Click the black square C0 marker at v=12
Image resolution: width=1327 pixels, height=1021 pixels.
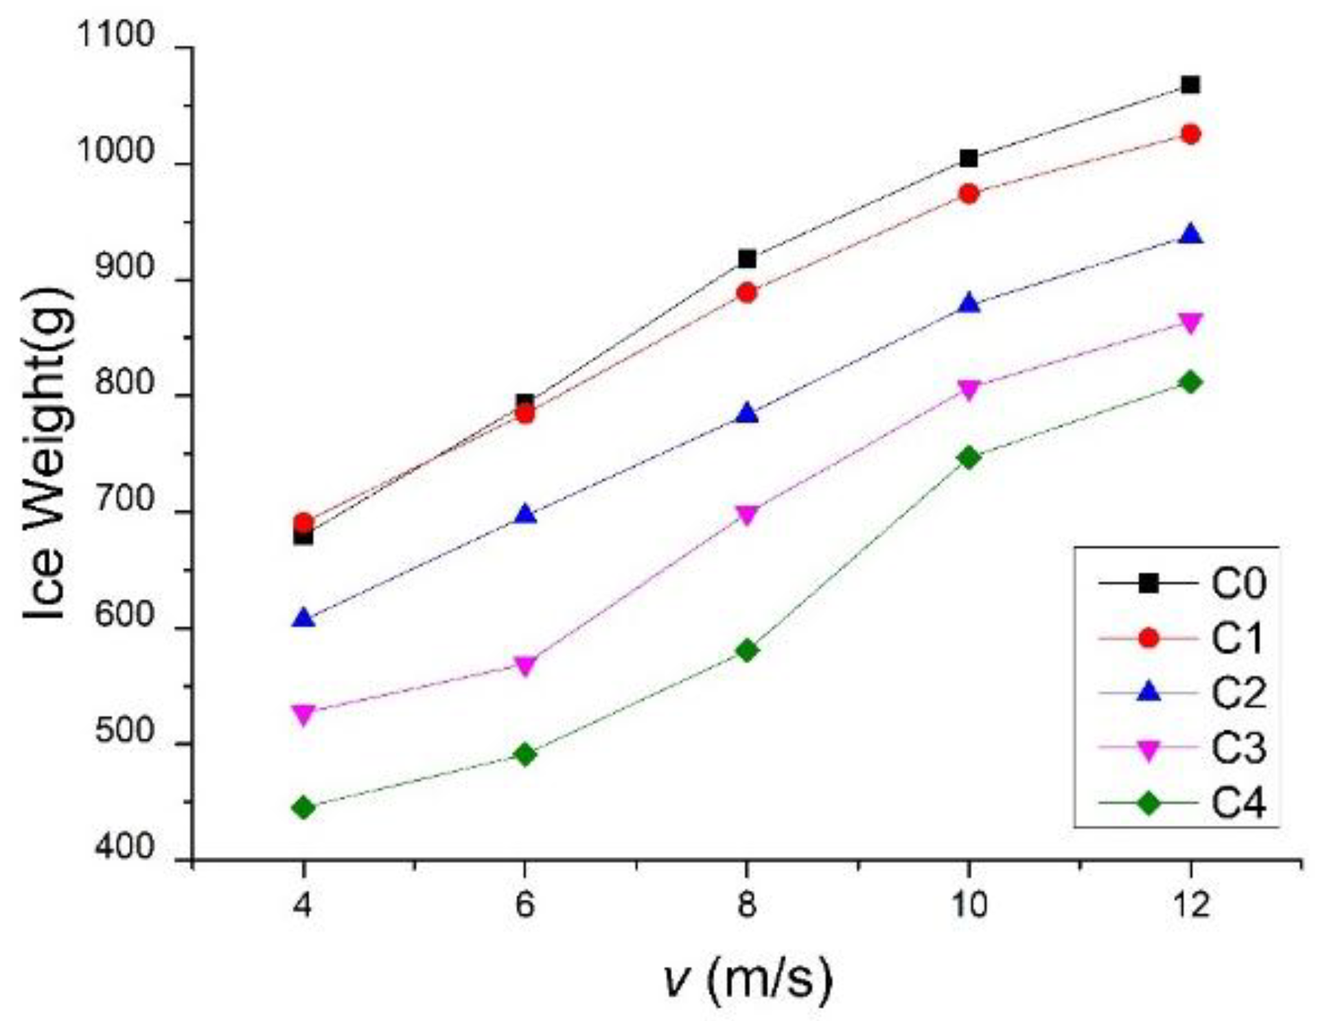point(1190,85)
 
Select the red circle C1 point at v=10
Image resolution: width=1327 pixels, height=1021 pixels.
point(969,194)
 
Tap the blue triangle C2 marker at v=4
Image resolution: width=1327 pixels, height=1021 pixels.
point(303,619)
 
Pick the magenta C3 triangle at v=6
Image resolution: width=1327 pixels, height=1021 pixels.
point(525,666)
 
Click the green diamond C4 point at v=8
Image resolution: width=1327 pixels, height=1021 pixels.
point(747,650)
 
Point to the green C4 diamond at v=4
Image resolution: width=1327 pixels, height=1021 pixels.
point(303,808)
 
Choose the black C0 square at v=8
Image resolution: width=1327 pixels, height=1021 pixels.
point(747,259)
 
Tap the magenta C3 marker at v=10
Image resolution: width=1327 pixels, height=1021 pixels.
point(969,389)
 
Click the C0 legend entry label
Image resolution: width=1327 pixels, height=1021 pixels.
point(1238,584)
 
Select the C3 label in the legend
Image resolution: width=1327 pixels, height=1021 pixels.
point(1238,749)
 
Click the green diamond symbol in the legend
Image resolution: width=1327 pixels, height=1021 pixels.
point(1148,803)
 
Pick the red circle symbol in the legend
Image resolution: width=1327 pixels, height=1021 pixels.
point(1148,639)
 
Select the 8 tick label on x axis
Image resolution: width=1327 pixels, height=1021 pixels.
point(747,905)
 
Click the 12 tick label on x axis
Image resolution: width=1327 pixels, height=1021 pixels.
point(1190,905)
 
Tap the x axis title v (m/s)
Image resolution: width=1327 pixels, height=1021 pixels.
point(748,979)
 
